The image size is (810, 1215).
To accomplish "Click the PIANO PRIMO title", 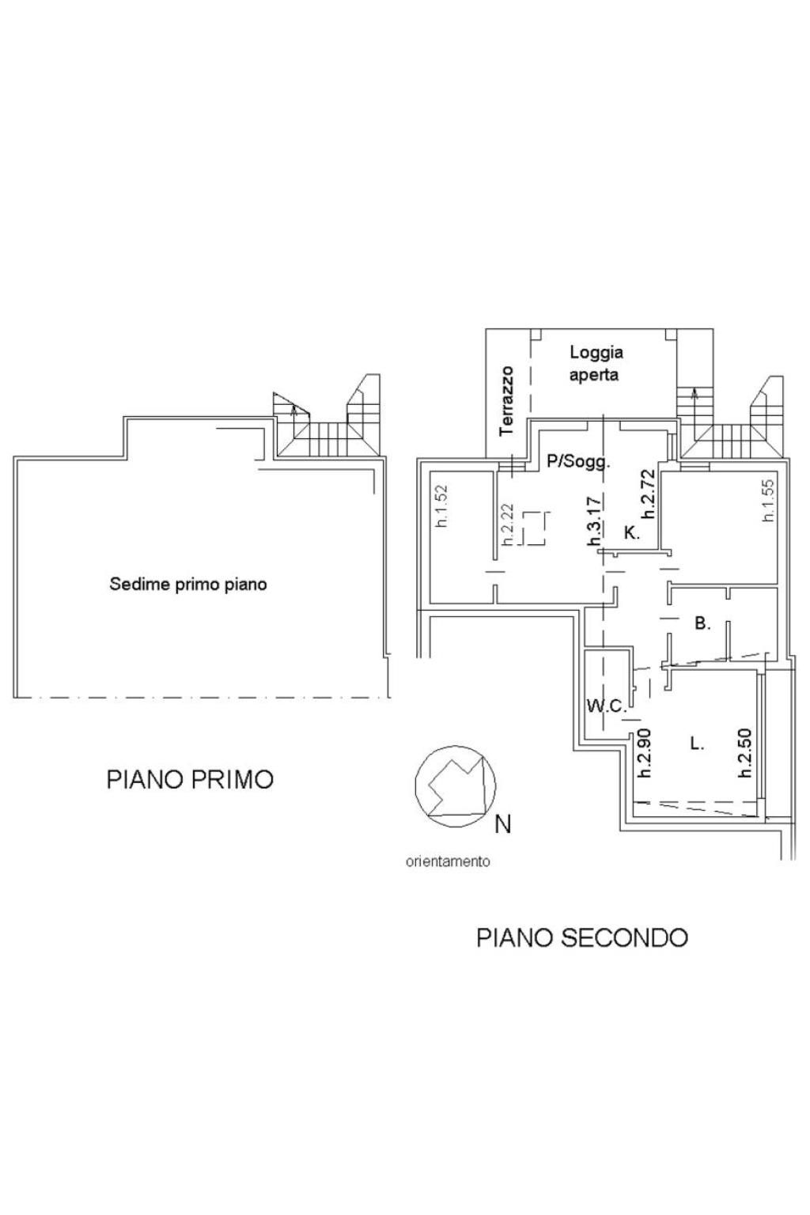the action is click(190, 779).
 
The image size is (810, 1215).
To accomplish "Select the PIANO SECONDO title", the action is click(582, 937).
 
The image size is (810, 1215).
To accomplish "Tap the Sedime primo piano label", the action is click(188, 585).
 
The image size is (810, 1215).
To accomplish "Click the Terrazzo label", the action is click(507, 401).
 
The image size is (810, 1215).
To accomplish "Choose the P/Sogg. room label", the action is click(578, 462).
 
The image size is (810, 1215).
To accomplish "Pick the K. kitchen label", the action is click(632, 532).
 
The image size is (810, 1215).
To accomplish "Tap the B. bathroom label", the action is click(702, 624).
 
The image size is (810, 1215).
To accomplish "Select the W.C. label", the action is click(607, 706).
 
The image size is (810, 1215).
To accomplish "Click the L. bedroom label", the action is click(697, 744).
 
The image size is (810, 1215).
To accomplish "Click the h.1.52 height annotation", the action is click(442, 506).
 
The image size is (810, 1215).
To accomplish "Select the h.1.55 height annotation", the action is click(768, 501).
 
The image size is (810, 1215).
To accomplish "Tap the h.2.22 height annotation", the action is click(507, 524).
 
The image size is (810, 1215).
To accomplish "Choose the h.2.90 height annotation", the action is click(645, 753).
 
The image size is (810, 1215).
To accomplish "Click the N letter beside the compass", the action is click(503, 824).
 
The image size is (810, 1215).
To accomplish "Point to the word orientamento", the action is click(448, 861).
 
